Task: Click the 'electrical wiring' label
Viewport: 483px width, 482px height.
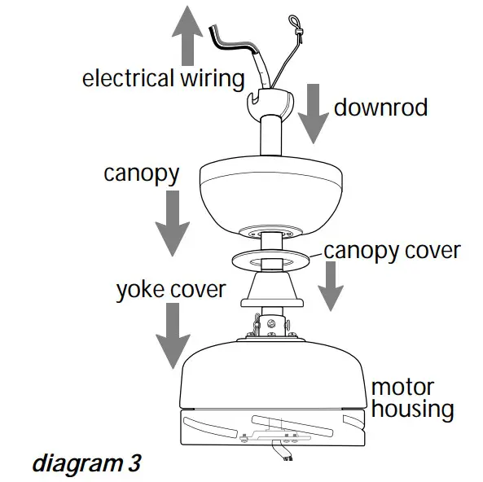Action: click(x=163, y=79)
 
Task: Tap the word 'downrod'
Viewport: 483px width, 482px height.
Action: click(x=380, y=107)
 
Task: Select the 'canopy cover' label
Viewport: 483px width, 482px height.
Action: click(x=392, y=250)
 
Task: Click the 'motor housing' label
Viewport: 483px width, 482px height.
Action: click(x=412, y=397)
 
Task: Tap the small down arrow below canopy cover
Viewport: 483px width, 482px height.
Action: click(x=330, y=286)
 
